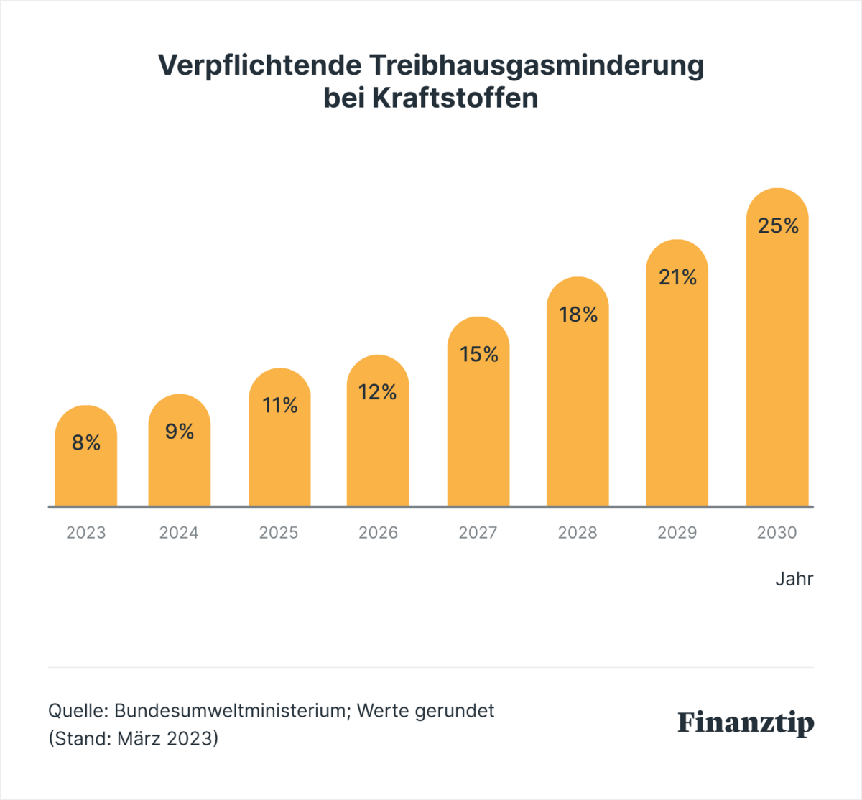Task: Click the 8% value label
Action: click(86, 443)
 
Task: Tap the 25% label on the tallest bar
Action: click(778, 226)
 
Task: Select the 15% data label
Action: click(479, 354)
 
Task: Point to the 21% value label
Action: click(677, 277)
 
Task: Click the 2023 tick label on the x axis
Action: click(86, 533)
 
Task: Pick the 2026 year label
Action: click(378, 533)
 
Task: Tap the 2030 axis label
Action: click(777, 533)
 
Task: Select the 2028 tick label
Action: click(578, 533)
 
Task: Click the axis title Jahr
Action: click(794, 579)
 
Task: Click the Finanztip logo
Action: click(746, 722)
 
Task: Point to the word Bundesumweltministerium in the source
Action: click(230, 711)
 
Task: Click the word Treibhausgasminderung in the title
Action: click(537, 65)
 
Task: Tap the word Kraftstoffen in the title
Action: click(455, 98)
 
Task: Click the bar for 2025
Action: click(279, 460)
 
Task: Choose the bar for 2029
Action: click(677, 402)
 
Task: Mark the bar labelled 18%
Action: click(578, 417)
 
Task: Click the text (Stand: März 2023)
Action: click(133, 738)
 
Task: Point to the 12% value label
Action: click(378, 392)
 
